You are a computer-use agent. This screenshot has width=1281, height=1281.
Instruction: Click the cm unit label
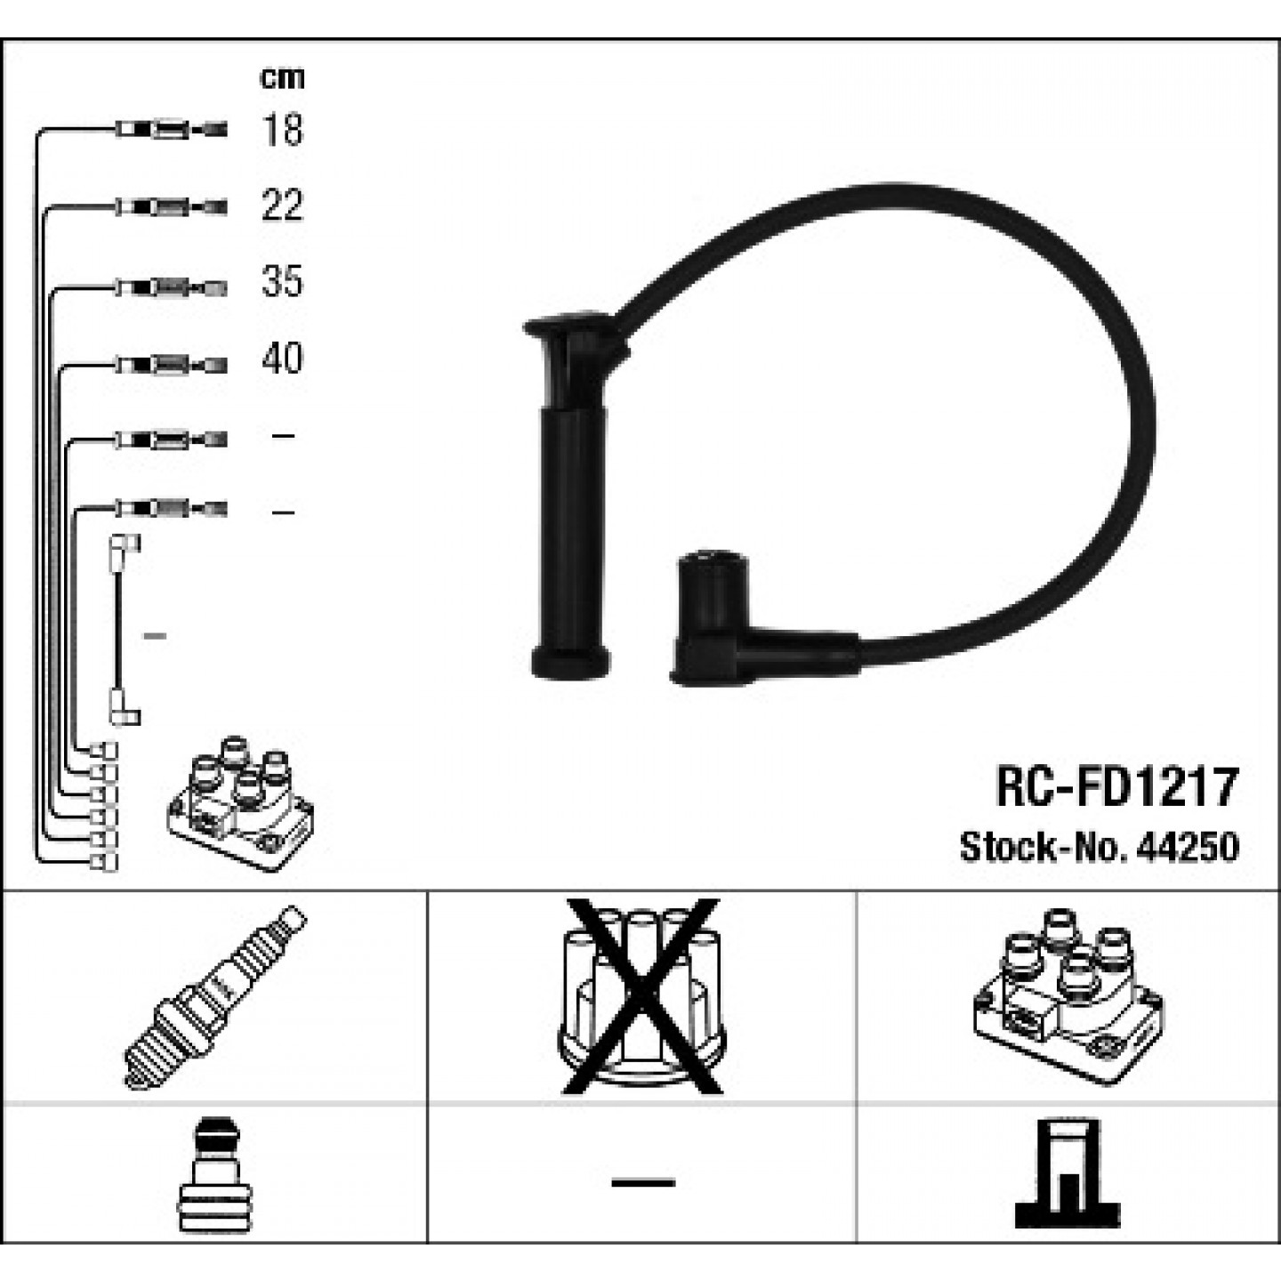282,79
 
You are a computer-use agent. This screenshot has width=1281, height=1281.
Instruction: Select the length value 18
283,130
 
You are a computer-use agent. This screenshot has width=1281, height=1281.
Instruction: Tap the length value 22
283,205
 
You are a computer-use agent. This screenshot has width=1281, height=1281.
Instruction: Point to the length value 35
283,281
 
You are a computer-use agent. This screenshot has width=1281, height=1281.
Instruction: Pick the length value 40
283,359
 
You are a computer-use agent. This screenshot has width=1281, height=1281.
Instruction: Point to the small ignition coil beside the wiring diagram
240,803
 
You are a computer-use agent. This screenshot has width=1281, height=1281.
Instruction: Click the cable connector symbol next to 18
172,129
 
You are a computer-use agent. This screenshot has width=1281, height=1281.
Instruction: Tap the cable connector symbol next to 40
172,365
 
